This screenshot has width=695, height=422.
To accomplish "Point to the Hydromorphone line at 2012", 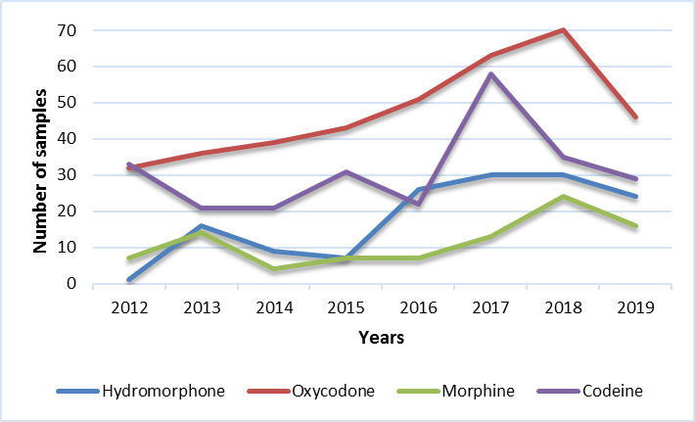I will coord(129,280).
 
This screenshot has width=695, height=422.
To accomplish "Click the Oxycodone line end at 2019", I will coord(634,117).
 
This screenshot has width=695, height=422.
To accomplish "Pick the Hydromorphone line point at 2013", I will coord(203,226).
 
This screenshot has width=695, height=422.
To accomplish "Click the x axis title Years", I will coord(382,337).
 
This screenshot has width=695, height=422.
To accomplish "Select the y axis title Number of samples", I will coord(41,157).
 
